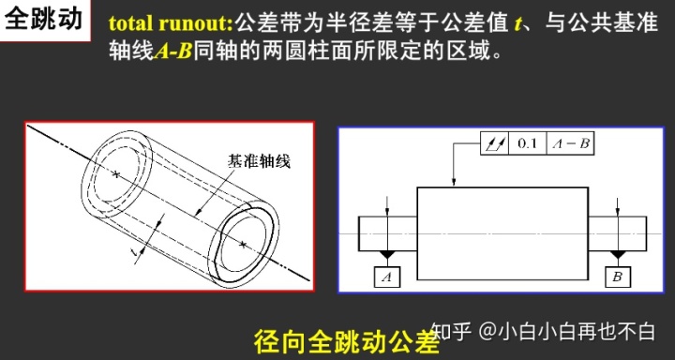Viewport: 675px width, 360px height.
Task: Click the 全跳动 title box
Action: [44, 20]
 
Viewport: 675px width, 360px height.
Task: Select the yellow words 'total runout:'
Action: [171, 24]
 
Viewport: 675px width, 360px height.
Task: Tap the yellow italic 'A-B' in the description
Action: [172, 52]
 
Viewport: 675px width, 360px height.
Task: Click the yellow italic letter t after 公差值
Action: [517, 24]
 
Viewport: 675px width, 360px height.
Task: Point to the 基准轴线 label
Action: [259, 161]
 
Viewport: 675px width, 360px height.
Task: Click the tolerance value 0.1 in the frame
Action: [527, 143]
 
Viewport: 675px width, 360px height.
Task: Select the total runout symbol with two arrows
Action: [495, 143]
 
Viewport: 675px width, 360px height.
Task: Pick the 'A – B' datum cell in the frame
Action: [570, 143]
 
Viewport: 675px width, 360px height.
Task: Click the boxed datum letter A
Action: [386, 277]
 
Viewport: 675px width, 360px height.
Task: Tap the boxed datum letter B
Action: [618, 277]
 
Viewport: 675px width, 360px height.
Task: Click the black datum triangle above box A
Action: [387, 255]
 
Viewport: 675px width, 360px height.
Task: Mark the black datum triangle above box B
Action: [618, 255]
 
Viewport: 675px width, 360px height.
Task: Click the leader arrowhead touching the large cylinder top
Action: [454, 183]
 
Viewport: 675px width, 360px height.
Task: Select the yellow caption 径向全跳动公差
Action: [347, 342]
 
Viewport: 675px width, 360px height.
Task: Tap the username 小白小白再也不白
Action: [577, 331]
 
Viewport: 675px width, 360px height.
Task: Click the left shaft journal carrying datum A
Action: [388, 233]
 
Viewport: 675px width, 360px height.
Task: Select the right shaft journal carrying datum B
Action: [617, 233]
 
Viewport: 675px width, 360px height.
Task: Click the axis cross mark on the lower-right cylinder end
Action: [243, 244]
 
